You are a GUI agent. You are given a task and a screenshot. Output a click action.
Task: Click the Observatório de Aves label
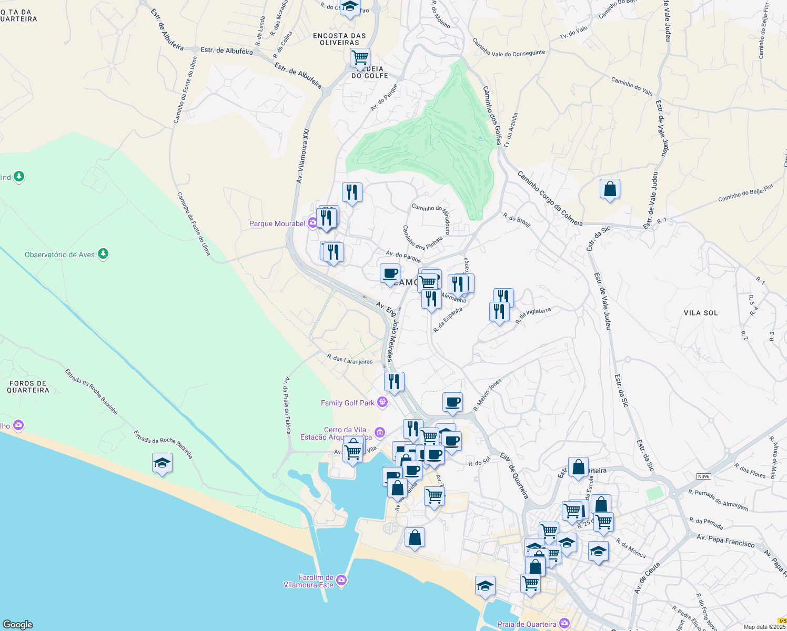point(59,255)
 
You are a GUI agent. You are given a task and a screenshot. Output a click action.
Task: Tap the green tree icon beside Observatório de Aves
point(104,255)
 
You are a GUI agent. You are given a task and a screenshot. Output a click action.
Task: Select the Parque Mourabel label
point(277,223)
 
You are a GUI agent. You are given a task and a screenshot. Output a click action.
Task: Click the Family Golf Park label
point(348,403)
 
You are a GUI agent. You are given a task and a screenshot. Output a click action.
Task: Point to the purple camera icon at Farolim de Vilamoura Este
point(341,579)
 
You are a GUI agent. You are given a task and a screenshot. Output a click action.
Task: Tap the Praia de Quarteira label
point(527,624)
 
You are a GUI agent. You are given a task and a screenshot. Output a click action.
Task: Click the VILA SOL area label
point(701,313)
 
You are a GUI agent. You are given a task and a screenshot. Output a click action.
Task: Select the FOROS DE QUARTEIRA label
point(28,386)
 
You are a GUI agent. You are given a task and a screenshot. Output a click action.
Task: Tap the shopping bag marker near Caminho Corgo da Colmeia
point(610,188)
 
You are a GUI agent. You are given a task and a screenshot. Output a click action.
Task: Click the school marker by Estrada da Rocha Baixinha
point(162,463)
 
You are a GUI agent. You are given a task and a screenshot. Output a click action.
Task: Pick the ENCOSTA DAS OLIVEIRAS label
point(339,39)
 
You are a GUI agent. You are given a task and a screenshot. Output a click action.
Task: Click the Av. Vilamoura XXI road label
point(302,156)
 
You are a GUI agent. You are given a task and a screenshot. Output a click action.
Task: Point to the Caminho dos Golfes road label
point(492,115)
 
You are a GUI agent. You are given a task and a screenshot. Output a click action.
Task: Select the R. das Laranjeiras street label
point(349,359)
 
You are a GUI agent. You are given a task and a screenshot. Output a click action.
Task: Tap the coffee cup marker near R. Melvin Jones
point(452,402)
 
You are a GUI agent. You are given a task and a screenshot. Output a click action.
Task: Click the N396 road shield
point(703,476)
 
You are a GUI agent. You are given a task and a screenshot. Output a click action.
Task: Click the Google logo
point(18,624)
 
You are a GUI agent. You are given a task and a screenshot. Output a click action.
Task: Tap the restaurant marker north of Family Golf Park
point(394,381)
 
